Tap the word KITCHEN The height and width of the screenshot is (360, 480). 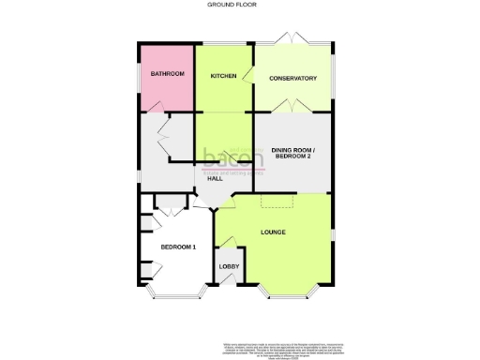pos(223,76)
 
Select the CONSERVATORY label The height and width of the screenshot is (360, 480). pos(293,78)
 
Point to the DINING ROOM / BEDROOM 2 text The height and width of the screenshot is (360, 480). pos(293,154)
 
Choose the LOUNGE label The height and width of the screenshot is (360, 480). pos(273,232)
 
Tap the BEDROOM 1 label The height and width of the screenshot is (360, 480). pos(177,247)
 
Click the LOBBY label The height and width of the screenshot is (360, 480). pos(229,267)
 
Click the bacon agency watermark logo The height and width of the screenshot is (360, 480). pos(232,160)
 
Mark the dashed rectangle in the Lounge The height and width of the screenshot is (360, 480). pos(278,202)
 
